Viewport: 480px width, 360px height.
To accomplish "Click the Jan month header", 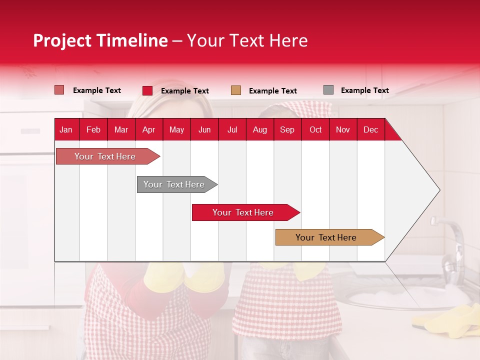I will click(x=66, y=129).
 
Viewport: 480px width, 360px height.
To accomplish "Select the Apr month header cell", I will click(x=149, y=129).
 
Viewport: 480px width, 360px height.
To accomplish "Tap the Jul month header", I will click(x=232, y=129).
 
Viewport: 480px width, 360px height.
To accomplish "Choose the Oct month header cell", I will click(x=315, y=129).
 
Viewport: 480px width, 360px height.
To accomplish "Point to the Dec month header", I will click(x=370, y=129).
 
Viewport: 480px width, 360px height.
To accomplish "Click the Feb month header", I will click(x=93, y=129).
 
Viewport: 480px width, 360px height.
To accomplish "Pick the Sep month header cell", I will click(x=287, y=129).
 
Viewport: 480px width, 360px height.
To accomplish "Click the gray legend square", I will click(x=328, y=90).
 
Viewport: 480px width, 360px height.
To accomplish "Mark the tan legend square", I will click(x=236, y=90).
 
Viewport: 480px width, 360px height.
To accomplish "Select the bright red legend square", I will click(x=147, y=90).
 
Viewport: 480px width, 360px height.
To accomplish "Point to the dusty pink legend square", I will click(x=59, y=90).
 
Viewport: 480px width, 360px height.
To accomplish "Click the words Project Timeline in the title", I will click(x=100, y=40).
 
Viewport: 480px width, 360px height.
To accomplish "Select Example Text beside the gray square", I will click(x=364, y=90).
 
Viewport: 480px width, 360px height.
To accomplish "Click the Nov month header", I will click(x=343, y=129).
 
